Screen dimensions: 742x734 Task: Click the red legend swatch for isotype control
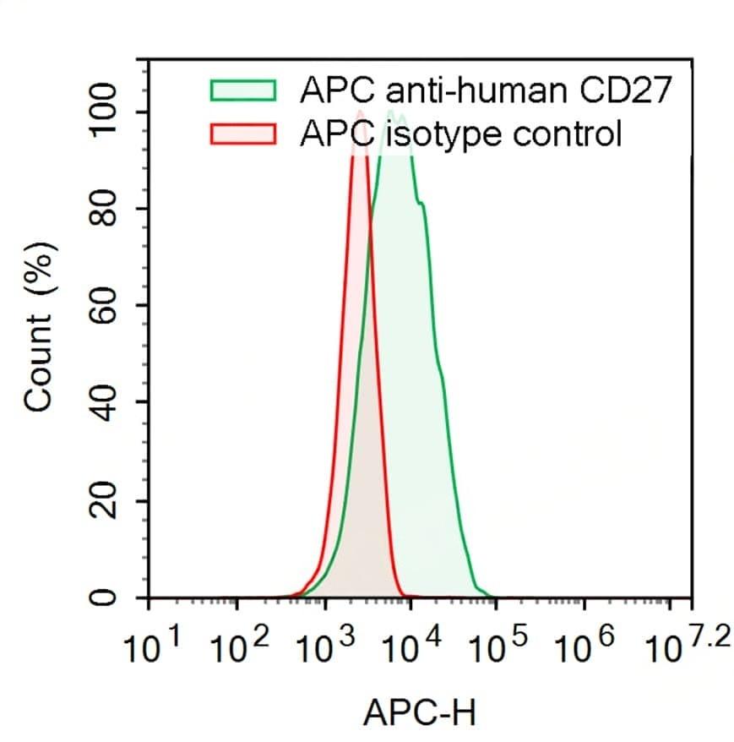pyautogui.click(x=243, y=134)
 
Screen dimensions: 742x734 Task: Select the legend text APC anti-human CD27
pyautogui.click(x=485, y=90)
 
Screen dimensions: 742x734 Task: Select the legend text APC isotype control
pyautogui.click(x=460, y=134)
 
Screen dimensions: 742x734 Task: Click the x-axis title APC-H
pyautogui.click(x=419, y=713)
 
